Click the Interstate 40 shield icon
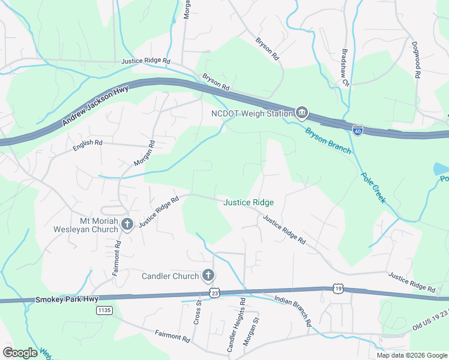357,130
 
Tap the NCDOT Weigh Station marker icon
301,113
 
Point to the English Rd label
88,143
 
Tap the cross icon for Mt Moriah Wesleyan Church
127,224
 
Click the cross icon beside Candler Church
208,275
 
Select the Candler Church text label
170,276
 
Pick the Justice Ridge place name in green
249,203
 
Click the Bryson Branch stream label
328,140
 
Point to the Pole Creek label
373,188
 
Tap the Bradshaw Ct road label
345,67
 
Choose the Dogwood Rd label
415,59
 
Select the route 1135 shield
104,310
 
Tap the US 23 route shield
215,292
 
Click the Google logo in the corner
21,352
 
